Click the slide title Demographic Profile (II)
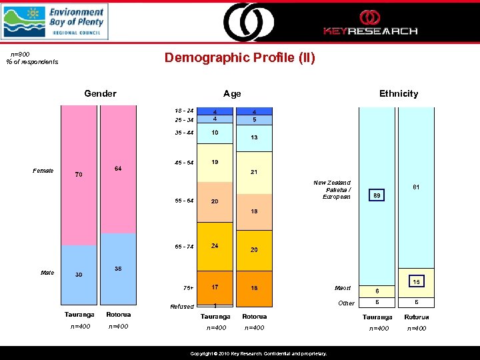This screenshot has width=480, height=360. [240, 58]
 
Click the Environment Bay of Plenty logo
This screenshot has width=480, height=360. [54, 21]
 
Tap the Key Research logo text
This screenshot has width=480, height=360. [370, 31]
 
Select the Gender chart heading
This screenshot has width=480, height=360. [100, 93]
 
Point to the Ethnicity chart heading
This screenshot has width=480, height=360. [399, 93]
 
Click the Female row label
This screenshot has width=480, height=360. [43, 171]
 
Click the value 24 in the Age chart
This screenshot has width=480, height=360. [215, 245]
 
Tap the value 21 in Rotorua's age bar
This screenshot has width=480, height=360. [255, 172]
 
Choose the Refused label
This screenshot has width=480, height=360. [182, 307]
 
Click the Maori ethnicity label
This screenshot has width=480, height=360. [343, 289]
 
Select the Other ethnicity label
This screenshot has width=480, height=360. [347, 303]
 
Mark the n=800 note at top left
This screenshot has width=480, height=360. [20, 54]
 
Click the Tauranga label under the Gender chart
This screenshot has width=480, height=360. [79, 315]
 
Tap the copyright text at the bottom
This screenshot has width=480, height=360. [259, 353]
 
